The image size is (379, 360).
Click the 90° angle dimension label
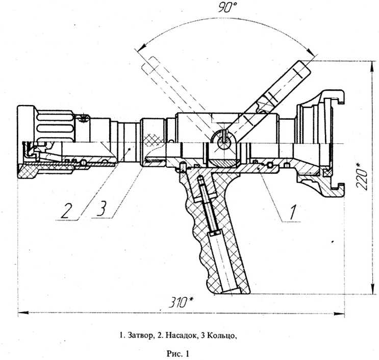pos(228,7)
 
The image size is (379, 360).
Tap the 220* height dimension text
pos(362,176)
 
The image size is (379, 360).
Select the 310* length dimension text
pos(181,302)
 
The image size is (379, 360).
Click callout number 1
pos(292,212)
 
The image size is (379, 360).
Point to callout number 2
pos(66,211)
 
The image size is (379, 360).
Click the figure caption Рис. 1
pos(178,354)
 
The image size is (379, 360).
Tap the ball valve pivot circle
pos(224,143)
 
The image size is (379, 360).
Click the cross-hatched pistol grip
pos(213,229)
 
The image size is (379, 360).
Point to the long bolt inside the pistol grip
pos(208,205)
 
